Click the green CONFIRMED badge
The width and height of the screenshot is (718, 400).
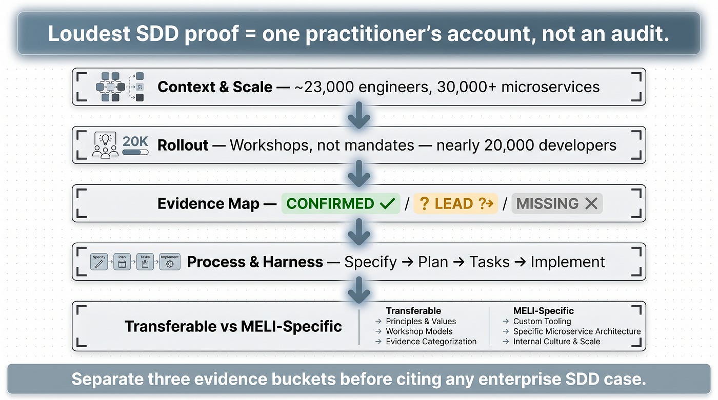pos(341,203)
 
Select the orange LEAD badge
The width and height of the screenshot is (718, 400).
pos(455,203)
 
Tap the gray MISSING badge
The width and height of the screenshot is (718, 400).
pos(557,203)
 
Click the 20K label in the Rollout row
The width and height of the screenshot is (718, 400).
pos(135,141)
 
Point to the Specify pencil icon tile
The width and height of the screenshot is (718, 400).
pos(99,262)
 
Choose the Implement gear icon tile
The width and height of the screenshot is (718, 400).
pos(170,262)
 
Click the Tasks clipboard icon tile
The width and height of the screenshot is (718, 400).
pos(145,262)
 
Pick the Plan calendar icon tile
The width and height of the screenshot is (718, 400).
pos(122,262)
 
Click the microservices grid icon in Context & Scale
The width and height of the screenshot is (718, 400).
pos(120,87)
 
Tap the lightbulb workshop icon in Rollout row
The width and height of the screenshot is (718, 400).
pos(105,145)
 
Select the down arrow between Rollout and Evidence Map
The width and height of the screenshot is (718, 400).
pos(359,174)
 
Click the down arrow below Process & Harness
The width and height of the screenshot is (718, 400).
pos(359,290)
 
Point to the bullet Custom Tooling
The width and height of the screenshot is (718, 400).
pos(537,321)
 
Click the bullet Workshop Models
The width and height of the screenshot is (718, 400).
pos(414,331)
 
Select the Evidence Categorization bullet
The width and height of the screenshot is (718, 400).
pos(426,342)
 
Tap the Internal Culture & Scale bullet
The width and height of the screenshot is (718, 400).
pos(551,342)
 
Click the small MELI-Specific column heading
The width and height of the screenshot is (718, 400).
pos(543,311)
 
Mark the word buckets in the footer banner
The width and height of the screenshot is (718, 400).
pos(301,379)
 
